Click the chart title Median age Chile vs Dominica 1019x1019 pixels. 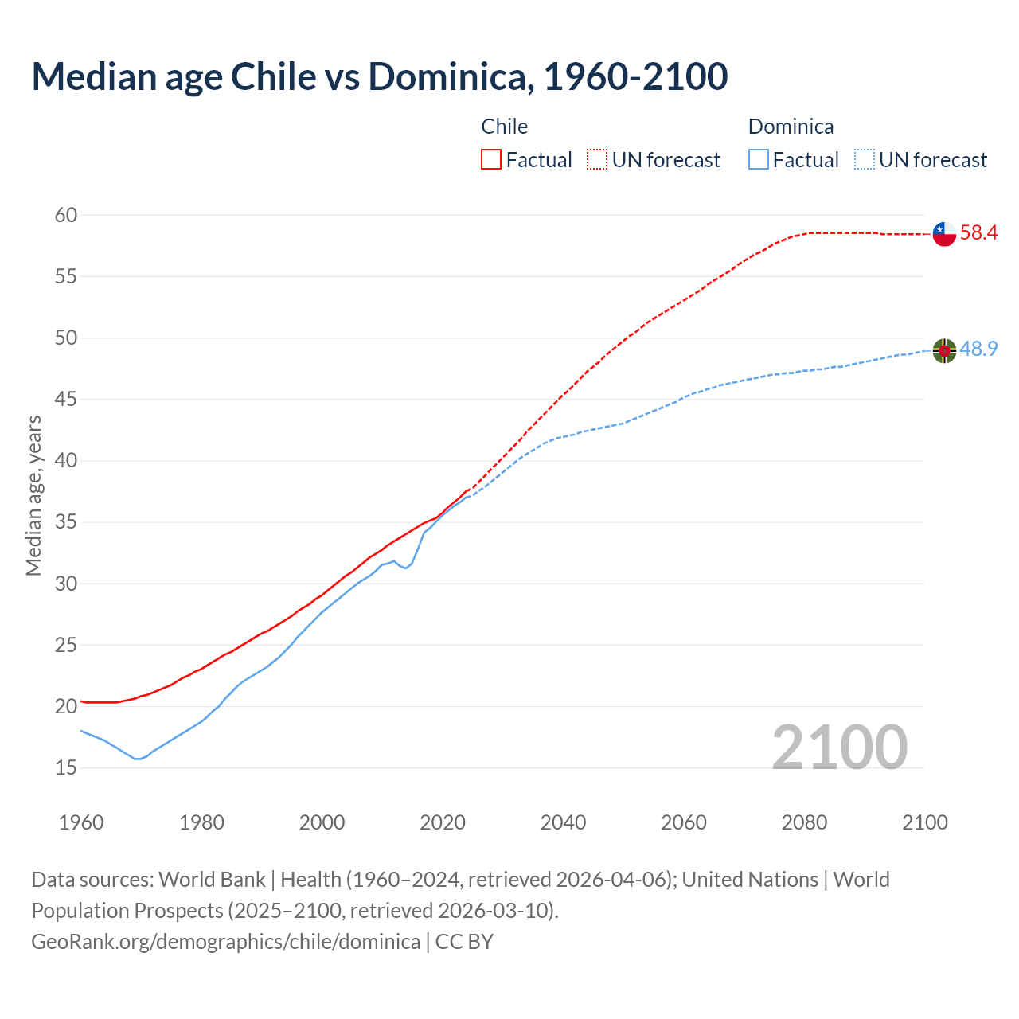[379, 76]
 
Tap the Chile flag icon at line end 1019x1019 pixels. [943, 234]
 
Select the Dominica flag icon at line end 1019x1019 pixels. [943, 350]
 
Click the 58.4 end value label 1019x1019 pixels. [978, 233]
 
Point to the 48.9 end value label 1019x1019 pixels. [978, 349]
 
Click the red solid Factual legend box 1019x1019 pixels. [491, 160]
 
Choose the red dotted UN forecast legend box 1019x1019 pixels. [597, 160]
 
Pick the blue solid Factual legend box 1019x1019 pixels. [759, 160]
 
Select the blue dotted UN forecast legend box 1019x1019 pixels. [865, 160]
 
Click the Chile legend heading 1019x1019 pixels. [504, 127]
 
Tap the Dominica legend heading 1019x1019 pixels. [791, 127]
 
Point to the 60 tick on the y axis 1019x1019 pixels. [66, 215]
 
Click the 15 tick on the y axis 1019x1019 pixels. [66, 768]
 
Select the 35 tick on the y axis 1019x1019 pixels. [66, 522]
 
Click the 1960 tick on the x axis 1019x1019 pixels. [81, 822]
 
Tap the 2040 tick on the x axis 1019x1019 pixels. [563, 822]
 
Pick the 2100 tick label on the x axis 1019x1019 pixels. [925, 822]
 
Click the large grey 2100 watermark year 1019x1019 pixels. [839, 747]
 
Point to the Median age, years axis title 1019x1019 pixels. [33, 495]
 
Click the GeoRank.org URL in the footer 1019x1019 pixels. [225, 942]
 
